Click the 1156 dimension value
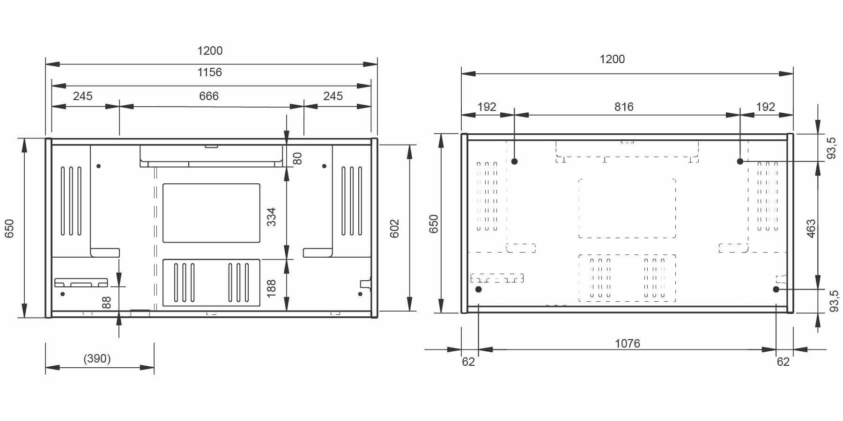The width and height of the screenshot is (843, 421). click(x=209, y=72)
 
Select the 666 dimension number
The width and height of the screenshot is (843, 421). click(x=209, y=96)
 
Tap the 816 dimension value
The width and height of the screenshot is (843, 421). click(x=624, y=107)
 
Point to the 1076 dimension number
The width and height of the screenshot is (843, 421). click(x=627, y=343)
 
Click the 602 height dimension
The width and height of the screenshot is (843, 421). click(x=394, y=228)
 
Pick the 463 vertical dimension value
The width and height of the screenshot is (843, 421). click(x=811, y=228)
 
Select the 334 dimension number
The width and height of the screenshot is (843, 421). click(x=271, y=217)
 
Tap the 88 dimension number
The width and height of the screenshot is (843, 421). click(x=107, y=302)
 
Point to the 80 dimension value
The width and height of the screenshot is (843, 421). click(x=297, y=158)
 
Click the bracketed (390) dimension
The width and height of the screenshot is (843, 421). click(x=97, y=359)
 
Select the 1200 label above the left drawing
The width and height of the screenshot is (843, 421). click(x=209, y=51)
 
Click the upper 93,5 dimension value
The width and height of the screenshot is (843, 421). click(x=832, y=148)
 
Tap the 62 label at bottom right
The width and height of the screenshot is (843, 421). click(x=783, y=362)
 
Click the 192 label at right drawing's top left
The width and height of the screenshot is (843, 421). click(x=487, y=107)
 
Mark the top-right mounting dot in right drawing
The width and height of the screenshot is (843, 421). click(x=740, y=161)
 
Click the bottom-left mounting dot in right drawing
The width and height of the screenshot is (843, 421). click(x=479, y=290)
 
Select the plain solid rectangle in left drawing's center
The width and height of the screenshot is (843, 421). click(x=211, y=213)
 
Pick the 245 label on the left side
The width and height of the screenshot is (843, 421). click(x=82, y=96)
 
